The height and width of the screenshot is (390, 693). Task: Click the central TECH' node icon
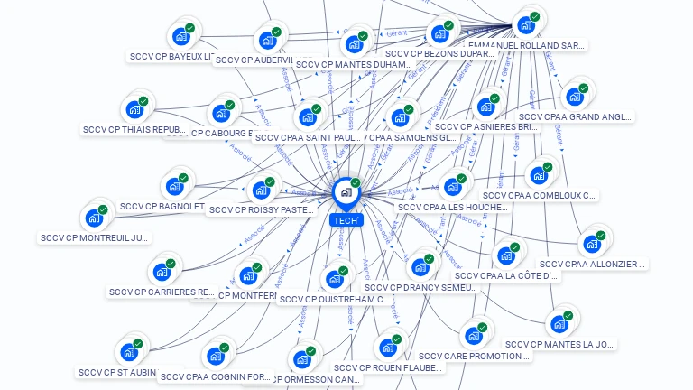(x=346, y=192)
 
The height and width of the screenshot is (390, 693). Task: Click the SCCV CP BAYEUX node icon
(x=182, y=36)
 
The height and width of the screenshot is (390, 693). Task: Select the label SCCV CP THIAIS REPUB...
(x=134, y=130)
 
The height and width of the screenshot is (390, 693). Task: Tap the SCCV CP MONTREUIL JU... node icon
(x=95, y=218)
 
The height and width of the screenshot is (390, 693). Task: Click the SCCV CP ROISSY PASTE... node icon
(x=261, y=190)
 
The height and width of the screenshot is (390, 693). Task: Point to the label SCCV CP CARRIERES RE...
(x=162, y=292)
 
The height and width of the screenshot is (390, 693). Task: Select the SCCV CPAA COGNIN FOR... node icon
(x=216, y=356)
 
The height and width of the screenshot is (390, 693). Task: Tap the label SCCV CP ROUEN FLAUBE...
(x=388, y=368)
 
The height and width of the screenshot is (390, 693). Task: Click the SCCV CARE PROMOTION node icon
(x=473, y=336)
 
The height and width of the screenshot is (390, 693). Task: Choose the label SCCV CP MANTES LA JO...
(x=559, y=344)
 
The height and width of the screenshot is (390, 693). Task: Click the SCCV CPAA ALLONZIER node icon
(x=592, y=243)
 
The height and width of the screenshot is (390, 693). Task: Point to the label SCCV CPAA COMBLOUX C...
(x=539, y=195)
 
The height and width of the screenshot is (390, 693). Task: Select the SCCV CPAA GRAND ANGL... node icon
(x=574, y=96)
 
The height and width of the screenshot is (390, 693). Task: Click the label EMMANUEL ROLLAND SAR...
(x=526, y=45)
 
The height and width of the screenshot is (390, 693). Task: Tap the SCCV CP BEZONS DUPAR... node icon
(x=440, y=33)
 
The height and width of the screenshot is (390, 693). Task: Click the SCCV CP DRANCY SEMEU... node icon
(x=420, y=266)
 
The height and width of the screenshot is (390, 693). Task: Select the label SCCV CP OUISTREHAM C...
(x=335, y=300)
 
